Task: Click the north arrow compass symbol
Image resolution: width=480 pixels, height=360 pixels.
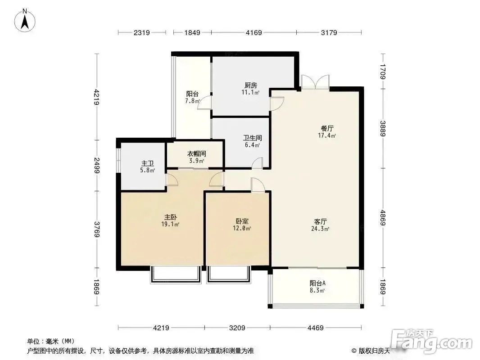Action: click(25, 21)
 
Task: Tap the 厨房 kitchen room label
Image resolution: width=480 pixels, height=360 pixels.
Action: click(251, 85)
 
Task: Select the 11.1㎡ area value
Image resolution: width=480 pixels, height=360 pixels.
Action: click(251, 92)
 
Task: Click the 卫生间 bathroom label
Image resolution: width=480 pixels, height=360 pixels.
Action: click(253, 138)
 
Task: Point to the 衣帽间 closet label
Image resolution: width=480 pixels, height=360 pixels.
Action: click(196, 153)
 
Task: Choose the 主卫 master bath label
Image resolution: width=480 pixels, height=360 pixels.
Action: click(148, 164)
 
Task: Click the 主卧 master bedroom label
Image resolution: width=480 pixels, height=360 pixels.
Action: click(171, 217)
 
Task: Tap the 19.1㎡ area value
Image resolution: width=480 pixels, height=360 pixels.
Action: click(170, 224)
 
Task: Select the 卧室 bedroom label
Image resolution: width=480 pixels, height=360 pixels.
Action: click(242, 221)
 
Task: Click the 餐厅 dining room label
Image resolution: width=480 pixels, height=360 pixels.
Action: click(327, 128)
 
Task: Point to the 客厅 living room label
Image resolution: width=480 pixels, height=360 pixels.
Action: click(321, 221)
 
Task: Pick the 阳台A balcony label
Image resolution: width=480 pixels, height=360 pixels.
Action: click(317, 283)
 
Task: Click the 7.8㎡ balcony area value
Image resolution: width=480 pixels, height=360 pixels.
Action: click(193, 101)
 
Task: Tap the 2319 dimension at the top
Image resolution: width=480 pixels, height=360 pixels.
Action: click(142, 32)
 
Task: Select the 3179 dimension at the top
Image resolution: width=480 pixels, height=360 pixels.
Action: click(329, 32)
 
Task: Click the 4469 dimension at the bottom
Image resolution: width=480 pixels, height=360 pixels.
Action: click(316, 328)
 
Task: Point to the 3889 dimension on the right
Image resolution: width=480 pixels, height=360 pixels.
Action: click(383, 128)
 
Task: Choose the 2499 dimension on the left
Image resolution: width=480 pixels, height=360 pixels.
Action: click(97, 166)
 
